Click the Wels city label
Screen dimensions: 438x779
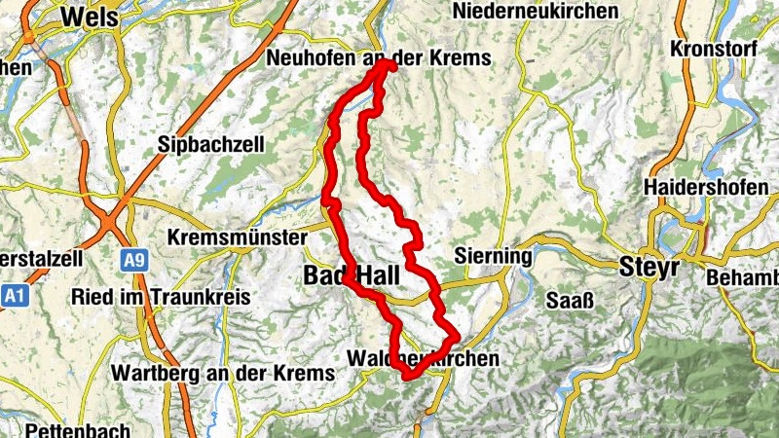point(89,17)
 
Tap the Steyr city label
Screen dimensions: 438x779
point(649,268)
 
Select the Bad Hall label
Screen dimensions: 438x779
point(352,275)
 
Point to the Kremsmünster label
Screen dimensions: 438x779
point(238,237)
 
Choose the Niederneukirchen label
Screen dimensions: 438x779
point(536,12)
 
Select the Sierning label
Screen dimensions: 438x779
point(493,257)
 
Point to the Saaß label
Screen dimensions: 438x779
point(566,297)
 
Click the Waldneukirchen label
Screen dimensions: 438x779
point(423,359)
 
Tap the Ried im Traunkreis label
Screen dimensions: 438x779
point(161,296)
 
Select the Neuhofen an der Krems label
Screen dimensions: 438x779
point(378,58)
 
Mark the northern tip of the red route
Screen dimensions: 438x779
point(389,64)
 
